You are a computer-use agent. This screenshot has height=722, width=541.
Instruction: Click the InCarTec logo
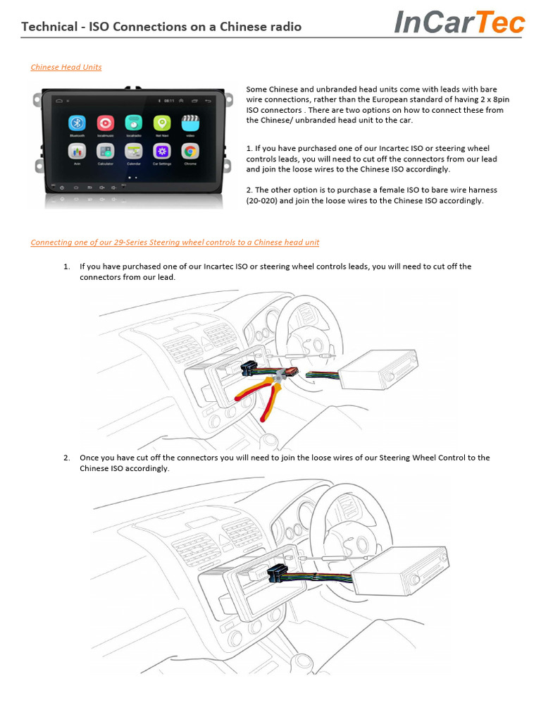pyautogui.click(x=459, y=23)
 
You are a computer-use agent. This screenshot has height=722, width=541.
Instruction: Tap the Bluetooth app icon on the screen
pyautogui.click(x=77, y=123)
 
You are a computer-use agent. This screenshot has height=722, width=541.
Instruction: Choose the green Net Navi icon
pyautogui.click(x=161, y=123)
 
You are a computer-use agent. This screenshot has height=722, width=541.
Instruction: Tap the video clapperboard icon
pyautogui.click(x=189, y=123)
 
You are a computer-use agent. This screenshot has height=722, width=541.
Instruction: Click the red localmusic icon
pyautogui.click(x=105, y=123)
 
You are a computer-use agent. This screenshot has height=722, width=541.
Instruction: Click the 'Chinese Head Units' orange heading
pyautogui.click(x=66, y=67)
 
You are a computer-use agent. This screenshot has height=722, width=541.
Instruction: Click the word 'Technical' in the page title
pyautogui.click(x=49, y=27)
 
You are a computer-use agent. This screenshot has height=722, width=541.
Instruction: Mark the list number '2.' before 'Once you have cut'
pyautogui.click(x=66, y=458)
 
